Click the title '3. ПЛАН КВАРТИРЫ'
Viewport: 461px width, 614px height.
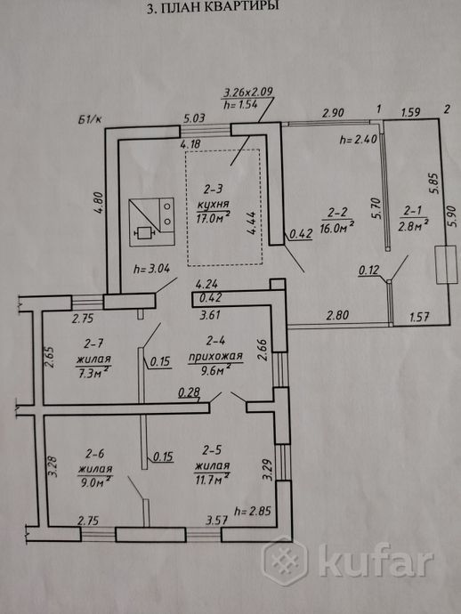[x=213, y=7]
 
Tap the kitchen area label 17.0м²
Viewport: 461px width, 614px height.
[x=213, y=217]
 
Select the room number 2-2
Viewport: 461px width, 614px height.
[x=337, y=213]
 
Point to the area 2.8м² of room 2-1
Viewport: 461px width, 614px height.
[x=413, y=225]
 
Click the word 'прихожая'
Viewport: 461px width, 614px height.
[x=215, y=356]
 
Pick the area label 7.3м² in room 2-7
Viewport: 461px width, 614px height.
[x=93, y=372]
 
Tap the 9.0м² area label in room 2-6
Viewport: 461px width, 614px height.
[x=95, y=481]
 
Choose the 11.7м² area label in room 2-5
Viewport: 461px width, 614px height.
[x=212, y=479]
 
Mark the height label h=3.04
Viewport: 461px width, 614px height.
[x=151, y=269]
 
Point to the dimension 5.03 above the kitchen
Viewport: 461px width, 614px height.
[x=194, y=117]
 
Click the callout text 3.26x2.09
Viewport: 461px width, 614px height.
[x=248, y=93]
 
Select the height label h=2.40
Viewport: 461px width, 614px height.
[x=358, y=139]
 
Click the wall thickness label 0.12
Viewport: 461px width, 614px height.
[x=369, y=270]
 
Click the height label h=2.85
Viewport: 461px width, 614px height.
[x=252, y=511]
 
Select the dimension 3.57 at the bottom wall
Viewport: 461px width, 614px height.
[x=217, y=520]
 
